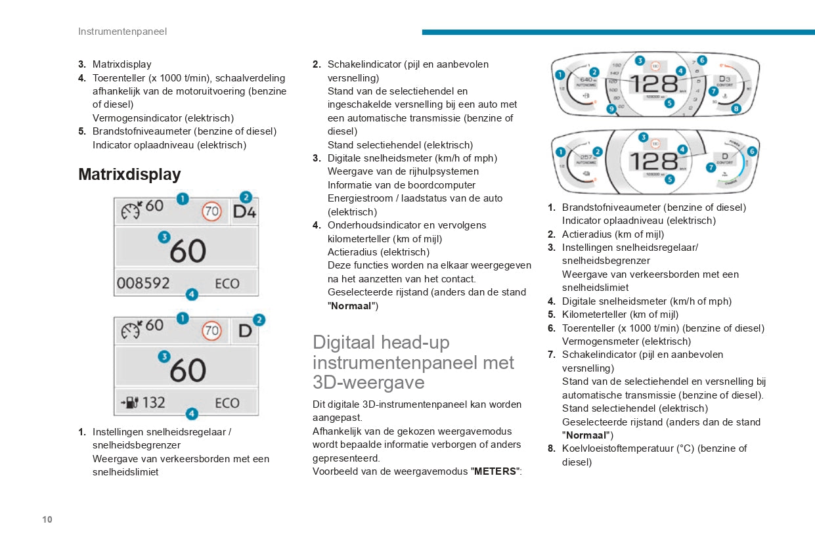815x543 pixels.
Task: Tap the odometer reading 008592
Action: pyautogui.click(x=143, y=283)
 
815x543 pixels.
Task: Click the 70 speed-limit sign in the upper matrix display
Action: pyautogui.click(x=211, y=212)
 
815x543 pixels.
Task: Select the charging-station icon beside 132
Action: pyautogui.click(x=129, y=402)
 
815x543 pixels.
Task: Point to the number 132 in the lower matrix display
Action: pyautogui.click(x=154, y=402)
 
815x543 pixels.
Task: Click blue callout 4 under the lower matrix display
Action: pyautogui.click(x=191, y=414)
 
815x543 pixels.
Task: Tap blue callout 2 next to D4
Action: pyautogui.click(x=246, y=197)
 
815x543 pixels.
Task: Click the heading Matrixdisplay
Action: pyautogui.click(x=129, y=175)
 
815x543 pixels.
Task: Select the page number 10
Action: pyautogui.click(x=47, y=519)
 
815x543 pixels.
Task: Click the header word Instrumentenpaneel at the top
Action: pyautogui.click(x=122, y=32)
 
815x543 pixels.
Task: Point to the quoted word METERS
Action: pyautogui.click(x=495, y=471)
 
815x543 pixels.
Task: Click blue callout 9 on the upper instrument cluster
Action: pyautogui.click(x=611, y=109)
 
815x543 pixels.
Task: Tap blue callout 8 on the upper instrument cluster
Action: pyautogui.click(x=736, y=108)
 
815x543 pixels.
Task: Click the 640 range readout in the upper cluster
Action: pyautogui.click(x=586, y=80)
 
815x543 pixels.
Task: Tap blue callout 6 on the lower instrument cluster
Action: pyautogui.click(x=752, y=151)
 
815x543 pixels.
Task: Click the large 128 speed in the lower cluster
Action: pyautogui.click(x=654, y=161)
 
